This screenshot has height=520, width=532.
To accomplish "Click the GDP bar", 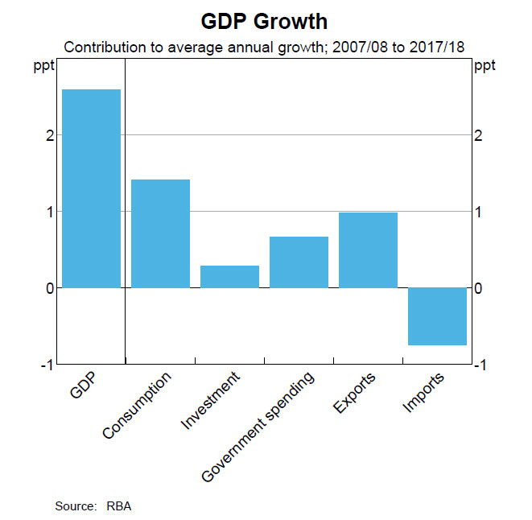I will click(x=91, y=188).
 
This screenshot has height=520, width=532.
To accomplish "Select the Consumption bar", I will click(x=160, y=233).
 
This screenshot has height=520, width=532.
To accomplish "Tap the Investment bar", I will click(x=229, y=276).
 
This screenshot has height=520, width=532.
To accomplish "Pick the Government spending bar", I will click(x=299, y=262).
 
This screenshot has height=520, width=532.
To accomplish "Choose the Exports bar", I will click(x=368, y=250).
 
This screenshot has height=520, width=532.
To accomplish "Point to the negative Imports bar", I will click(x=437, y=316).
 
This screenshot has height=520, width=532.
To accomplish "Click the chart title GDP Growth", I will click(x=266, y=20).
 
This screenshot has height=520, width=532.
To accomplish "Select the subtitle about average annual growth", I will click(x=266, y=47).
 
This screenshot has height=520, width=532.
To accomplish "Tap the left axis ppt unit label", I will click(x=45, y=66).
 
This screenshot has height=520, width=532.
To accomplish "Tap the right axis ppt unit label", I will click(x=485, y=66).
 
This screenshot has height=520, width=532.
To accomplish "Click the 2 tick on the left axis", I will click(x=49, y=135).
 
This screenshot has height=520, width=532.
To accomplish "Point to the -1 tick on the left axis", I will click(x=47, y=365).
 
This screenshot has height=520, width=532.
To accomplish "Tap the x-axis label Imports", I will click(x=423, y=392).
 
